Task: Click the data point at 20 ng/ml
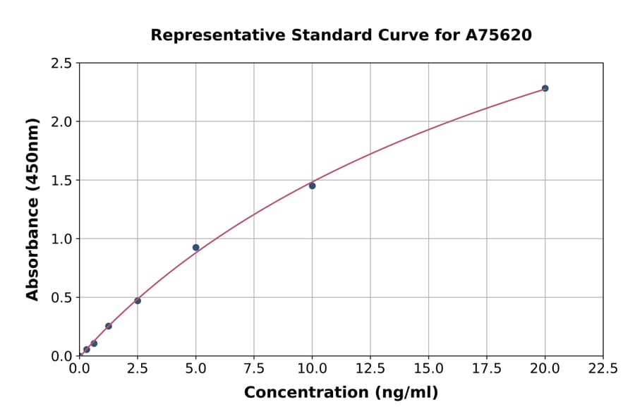[x=545, y=88]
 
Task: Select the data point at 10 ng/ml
[x=312, y=186]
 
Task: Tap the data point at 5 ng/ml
[x=195, y=248]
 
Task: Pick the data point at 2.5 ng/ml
[x=138, y=300]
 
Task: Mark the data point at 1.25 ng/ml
[x=109, y=326]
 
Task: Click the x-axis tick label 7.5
[x=254, y=368]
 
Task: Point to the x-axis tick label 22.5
[x=603, y=368]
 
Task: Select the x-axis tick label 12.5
[x=370, y=368]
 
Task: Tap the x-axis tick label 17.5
[x=487, y=368]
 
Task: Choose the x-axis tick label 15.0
[x=428, y=368]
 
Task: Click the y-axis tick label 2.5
[x=62, y=63]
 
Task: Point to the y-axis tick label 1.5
[x=62, y=181]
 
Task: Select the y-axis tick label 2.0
[x=62, y=122]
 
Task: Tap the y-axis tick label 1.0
[x=62, y=239]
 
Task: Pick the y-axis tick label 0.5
[x=62, y=298]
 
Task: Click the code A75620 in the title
[x=498, y=35]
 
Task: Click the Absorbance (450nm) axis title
[x=32, y=209]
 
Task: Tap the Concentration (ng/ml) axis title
[x=341, y=392]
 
